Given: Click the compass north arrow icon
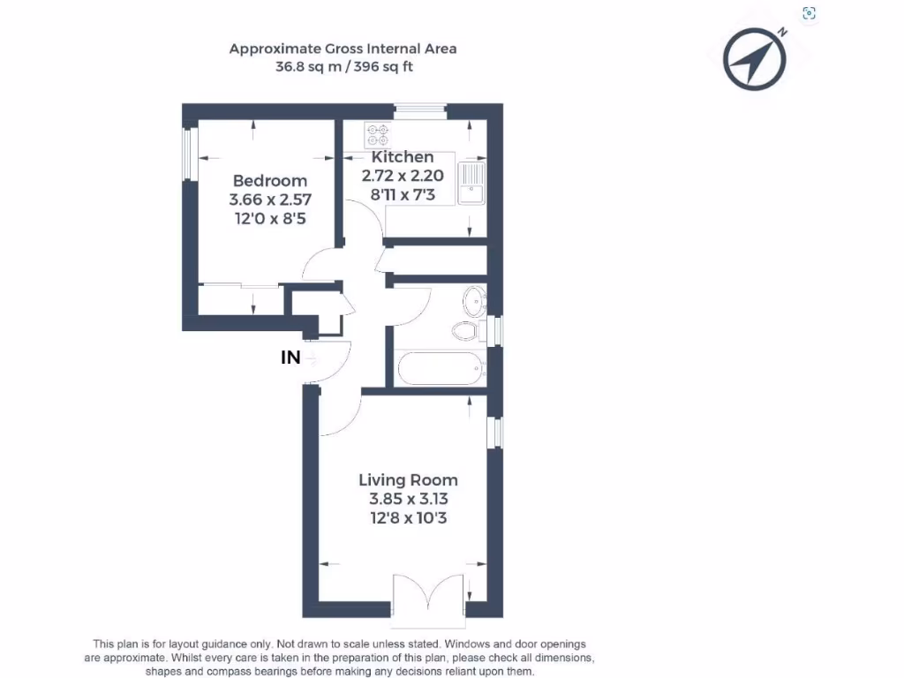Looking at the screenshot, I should click(755, 60).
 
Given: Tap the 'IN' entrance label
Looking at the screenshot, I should click(290, 358).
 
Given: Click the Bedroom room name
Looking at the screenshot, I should click(270, 181).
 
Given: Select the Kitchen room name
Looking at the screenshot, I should click(403, 157).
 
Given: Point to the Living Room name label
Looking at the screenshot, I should click(408, 480).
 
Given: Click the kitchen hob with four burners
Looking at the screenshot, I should click(378, 134).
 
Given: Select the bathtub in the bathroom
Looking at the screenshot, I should click(441, 367).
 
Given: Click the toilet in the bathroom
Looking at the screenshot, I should click(466, 332).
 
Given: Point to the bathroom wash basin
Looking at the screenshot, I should click(474, 300).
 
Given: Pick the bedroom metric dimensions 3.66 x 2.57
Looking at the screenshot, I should click(270, 200).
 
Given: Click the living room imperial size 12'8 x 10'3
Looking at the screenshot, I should click(408, 518).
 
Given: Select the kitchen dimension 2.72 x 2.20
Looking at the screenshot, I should click(403, 176).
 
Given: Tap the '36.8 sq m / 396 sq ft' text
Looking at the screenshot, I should click(343, 66).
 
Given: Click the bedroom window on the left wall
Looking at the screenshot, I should click(188, 154).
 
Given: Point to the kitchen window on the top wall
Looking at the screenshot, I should click(420, 110).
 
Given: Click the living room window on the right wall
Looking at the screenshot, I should click(496, 432).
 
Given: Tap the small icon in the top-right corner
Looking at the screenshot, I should click(809, 12).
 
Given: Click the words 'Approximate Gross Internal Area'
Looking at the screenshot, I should click(343, 49).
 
